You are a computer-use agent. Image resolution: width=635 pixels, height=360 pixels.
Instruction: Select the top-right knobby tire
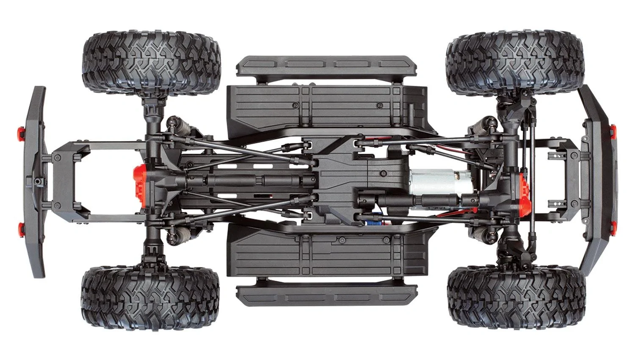[x=514, y=62]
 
